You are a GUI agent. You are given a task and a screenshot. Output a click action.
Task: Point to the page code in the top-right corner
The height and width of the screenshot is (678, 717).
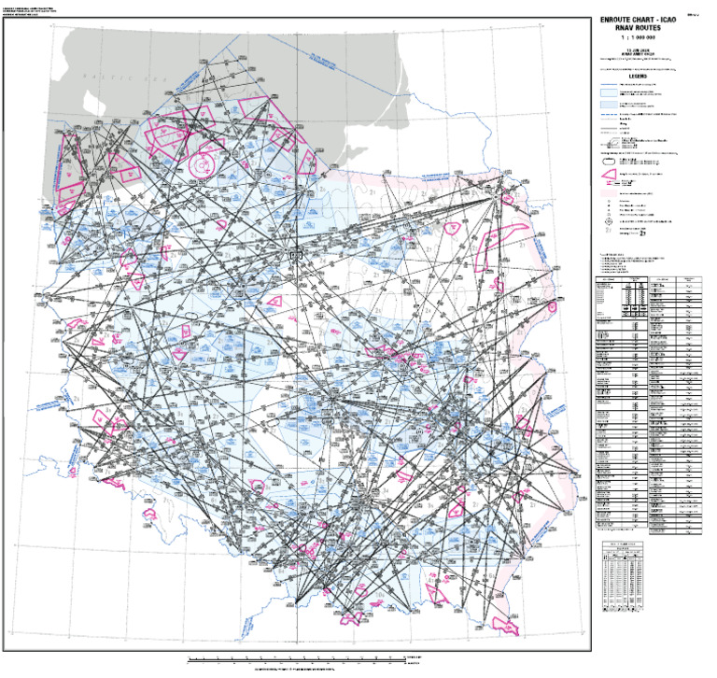[695, 14]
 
